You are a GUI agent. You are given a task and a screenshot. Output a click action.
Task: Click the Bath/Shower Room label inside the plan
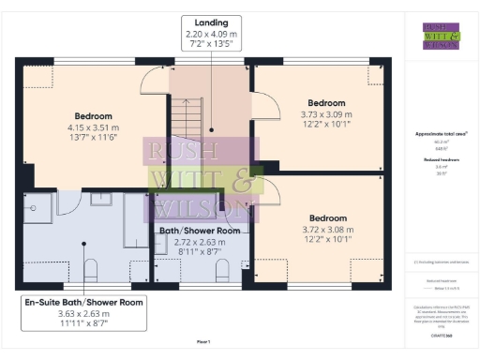(x=199, y=230)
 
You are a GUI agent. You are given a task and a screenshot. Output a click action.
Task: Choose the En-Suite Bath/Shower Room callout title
(x=84, y=302)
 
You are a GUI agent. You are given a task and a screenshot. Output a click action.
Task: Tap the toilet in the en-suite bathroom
(x=90, y=270)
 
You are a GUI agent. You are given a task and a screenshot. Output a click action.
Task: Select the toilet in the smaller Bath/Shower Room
(x=222, y=270)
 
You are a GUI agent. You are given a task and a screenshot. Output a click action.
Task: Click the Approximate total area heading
(x=441, y=134)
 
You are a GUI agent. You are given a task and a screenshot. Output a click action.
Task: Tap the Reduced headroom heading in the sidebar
(x=441, y=160)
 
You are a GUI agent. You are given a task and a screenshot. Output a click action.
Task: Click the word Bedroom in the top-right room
(x=326, y=101)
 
